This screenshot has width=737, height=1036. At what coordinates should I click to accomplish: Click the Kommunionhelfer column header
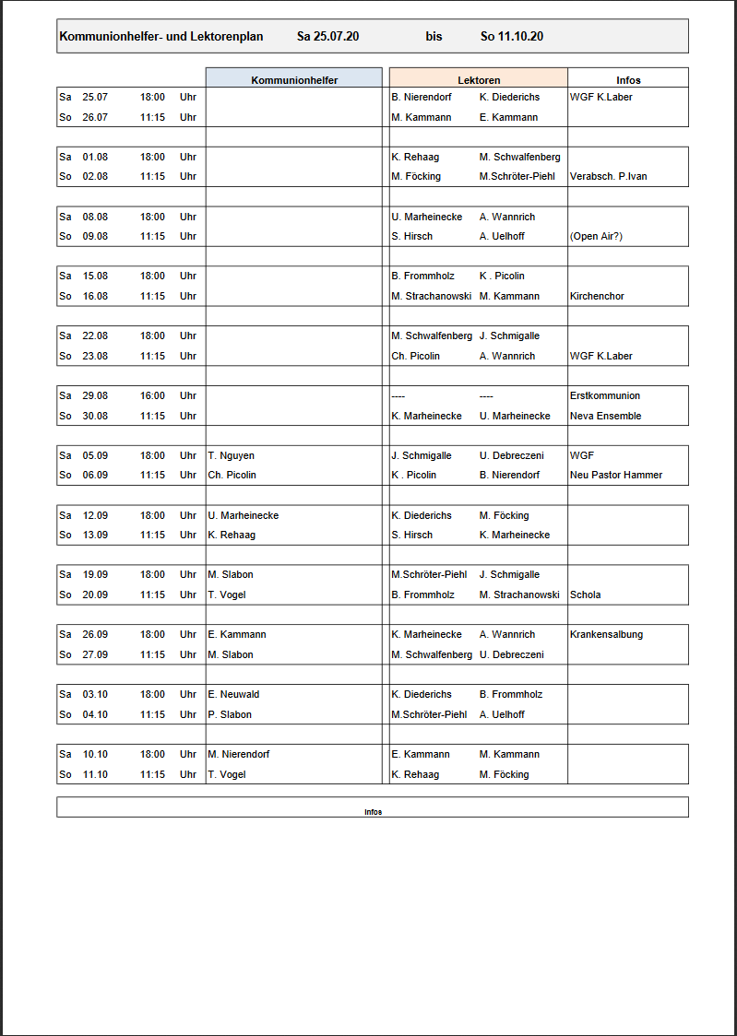click(294, 80)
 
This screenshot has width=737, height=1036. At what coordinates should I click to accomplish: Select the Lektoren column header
click(479, 80)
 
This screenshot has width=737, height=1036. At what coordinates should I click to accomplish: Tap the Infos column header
click(628, 80)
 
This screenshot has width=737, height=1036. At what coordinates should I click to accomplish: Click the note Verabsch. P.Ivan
click(608, 176)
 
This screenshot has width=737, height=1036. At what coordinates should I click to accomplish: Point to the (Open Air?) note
click(596, 236)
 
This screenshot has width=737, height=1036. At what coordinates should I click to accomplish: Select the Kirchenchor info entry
click(598, 296)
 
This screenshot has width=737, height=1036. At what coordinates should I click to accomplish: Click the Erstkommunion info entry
click(604, 395)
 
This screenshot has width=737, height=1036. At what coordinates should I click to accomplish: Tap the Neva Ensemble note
click(605, 416)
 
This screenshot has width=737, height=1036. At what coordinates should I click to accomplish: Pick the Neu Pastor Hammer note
click(615, 475)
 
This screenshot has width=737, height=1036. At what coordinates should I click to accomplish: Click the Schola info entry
click(585, 595)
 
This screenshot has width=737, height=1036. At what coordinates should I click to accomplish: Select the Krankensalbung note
click(606, 634)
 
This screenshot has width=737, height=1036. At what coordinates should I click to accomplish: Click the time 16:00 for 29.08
click(152, 395)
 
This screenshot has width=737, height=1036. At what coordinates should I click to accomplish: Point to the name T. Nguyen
click(231, 455)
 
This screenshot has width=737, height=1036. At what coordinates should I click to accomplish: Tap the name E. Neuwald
click(233, 694)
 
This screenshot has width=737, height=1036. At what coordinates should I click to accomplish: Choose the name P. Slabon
click(230, 714)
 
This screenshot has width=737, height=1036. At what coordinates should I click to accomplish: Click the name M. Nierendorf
click(238, 754)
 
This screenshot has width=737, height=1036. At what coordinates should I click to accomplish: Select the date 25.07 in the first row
click(95, 97)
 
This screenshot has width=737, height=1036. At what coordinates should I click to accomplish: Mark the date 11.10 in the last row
click(95, 774)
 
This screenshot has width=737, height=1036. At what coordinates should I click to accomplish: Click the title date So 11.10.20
click(512, 37)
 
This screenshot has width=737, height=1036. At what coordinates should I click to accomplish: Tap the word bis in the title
click(434, 37)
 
